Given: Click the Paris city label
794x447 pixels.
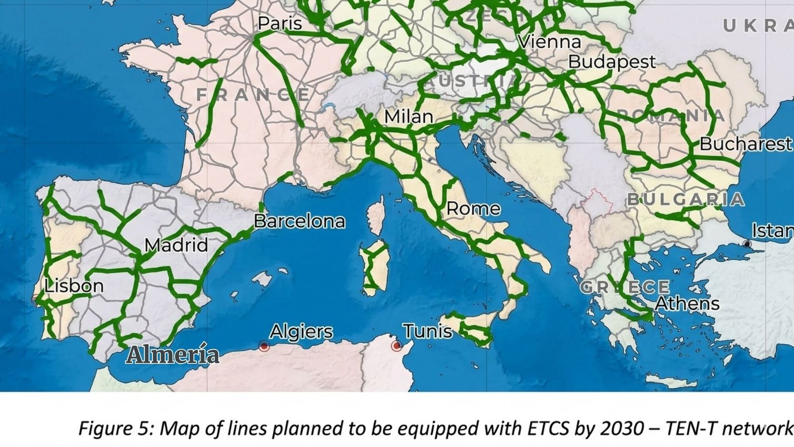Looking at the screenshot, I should pyautogui.click(x=279, y=23).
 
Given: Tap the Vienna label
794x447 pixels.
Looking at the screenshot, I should pyautogui.click(x=549, y=42).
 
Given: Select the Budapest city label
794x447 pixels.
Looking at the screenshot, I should pyautogui.click(x=611, y=62).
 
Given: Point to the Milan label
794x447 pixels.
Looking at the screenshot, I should pyautogui.click(x=408, y=117).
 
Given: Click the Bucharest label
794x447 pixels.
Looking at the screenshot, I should pyautogui.click(x=745, y=144).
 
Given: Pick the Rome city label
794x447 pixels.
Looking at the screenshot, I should pyautogui.click(x=473, y=209).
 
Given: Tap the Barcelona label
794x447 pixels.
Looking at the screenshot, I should pyautogui.click(x=299, y=221).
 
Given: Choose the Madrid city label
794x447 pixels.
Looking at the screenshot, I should pyautogui.click(x=176, y=245).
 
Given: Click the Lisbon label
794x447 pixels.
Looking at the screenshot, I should pyautogui.click(x=74, y=286).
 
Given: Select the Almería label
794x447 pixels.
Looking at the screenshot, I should pyautogui.click(x=172, y=355).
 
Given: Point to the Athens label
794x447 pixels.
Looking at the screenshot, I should pyautogui.click(x=687, y=303).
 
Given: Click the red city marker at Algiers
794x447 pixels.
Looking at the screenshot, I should pyautogui.click(x=264, y=346).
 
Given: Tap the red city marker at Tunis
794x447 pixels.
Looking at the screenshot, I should pyautogui.click(x=396, y=346).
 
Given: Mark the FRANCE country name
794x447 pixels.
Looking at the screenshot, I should pyautogui.click(x=253, y=94).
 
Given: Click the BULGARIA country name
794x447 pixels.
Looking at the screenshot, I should pyautogui.click(x=685, y=200).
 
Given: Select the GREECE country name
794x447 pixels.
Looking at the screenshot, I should pyautogui.click(x=624, y=287).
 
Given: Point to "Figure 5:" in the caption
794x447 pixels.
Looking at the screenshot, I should pyautogui.click(x=116, y=428).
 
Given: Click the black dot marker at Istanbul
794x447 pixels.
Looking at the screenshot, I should pyautogui.click(x=747, y=243).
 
